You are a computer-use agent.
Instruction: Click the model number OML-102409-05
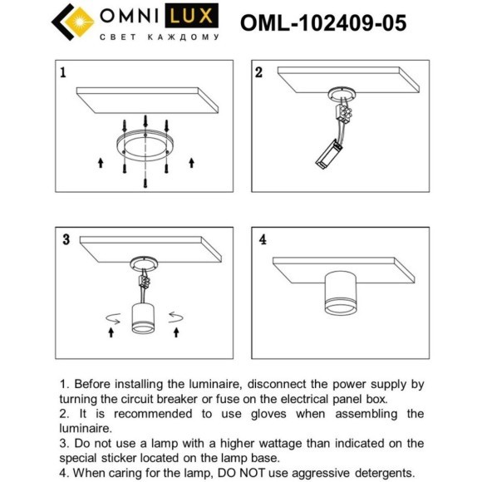323,22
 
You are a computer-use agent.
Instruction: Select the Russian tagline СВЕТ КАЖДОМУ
159,37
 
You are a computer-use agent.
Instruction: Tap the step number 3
65,240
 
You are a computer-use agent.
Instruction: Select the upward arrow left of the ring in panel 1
101,160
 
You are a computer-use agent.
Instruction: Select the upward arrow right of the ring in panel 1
192,160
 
